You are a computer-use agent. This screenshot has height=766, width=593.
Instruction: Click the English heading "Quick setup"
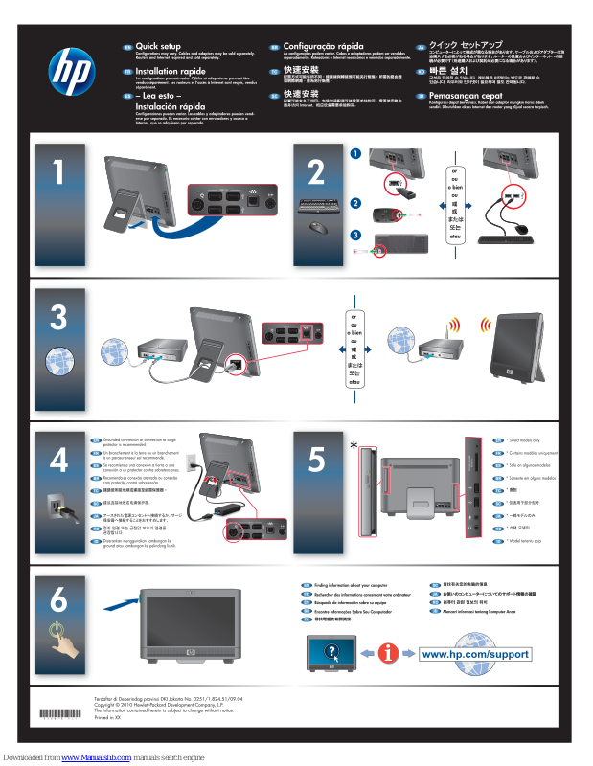158,46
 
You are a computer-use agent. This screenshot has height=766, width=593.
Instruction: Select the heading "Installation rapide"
170,72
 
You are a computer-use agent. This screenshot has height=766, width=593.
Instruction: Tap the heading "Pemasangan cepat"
465,97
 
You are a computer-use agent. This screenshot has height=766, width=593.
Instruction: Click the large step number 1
59,173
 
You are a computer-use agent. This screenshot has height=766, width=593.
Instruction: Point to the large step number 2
316,173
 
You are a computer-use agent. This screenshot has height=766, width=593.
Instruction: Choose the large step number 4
58,459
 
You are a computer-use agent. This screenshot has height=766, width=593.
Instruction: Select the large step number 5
316,459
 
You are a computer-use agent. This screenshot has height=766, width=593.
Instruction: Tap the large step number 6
58,600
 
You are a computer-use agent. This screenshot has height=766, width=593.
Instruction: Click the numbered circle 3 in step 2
354,235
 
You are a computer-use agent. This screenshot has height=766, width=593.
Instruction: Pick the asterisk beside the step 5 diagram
354,447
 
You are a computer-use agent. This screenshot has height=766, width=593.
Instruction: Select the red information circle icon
388,653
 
